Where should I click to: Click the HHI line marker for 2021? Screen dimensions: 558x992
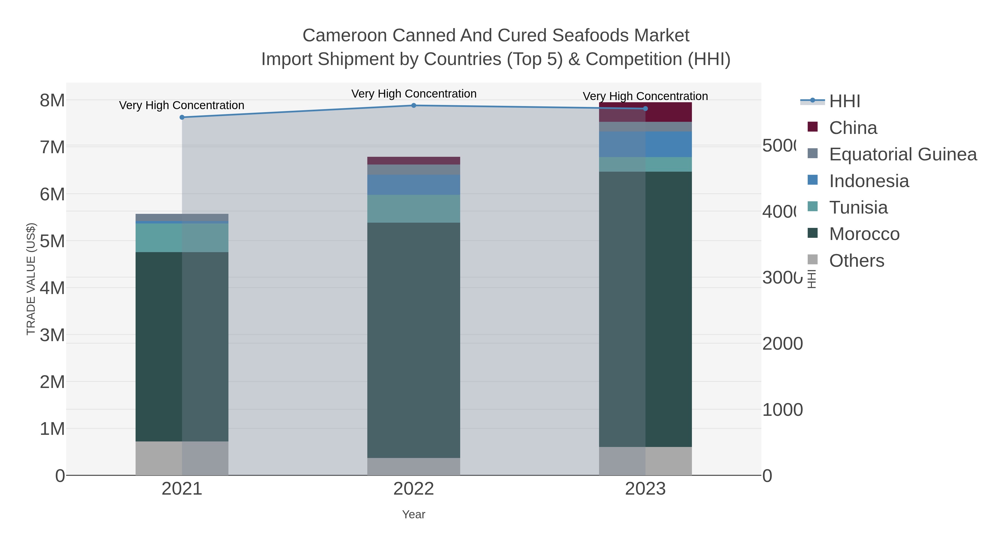[182, 117]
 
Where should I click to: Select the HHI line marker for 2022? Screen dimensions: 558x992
[414, 106]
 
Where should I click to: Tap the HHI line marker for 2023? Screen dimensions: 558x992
[645, 109]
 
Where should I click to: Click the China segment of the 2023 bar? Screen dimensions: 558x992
[645, 112]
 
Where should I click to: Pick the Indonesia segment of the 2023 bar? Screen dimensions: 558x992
[645, 144]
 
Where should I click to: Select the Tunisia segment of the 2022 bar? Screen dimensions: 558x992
[414, 209]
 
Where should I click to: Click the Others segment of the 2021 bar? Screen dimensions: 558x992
[182, 458]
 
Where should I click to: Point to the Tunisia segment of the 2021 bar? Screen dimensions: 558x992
[182, 238]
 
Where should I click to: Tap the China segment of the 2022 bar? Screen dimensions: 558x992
[414, 161]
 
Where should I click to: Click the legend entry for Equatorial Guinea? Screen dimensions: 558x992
[903, 154]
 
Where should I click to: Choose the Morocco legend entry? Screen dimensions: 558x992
[864, 234]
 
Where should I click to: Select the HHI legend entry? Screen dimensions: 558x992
[845, 101]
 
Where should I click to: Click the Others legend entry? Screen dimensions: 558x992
[856, 261]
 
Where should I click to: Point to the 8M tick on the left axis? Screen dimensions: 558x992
[52, 101]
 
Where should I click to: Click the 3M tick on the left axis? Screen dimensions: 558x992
[52, 335]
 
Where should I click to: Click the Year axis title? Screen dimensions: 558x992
[414, 514]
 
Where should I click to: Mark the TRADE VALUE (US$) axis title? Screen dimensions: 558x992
[31, 279]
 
